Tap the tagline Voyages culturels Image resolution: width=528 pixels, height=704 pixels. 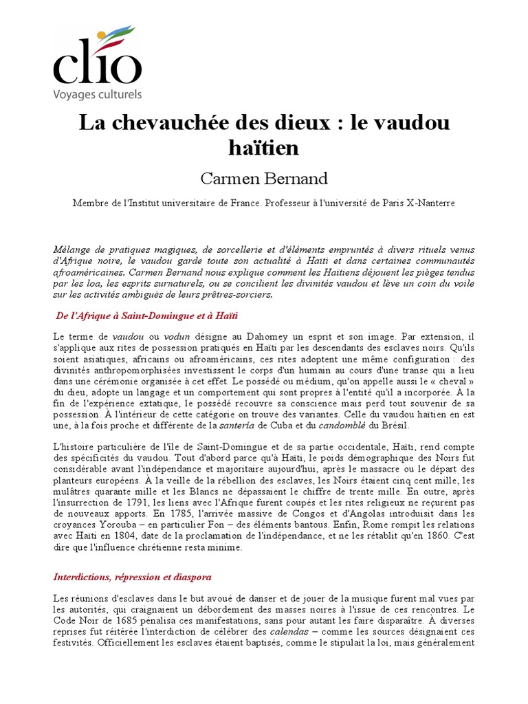tap(98, 94)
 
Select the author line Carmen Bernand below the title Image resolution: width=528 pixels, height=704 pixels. tap(264, 179)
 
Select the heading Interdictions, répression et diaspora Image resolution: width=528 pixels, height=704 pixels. tap(132, 576)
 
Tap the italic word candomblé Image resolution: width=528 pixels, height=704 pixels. tap(331, 426)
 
